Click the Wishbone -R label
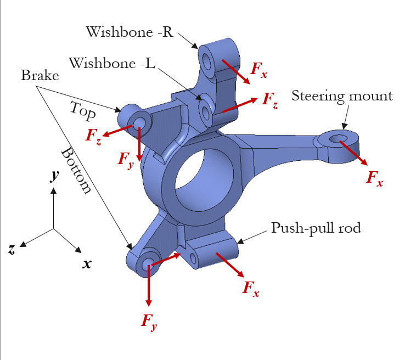129,31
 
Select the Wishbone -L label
112,63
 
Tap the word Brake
40,76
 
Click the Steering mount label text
342,96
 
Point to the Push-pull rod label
316,228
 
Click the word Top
83,110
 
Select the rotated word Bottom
75,171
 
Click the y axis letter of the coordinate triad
54,176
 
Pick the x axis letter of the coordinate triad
87,263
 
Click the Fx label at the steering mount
374,178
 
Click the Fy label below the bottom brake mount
149,321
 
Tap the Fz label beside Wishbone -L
269,99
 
